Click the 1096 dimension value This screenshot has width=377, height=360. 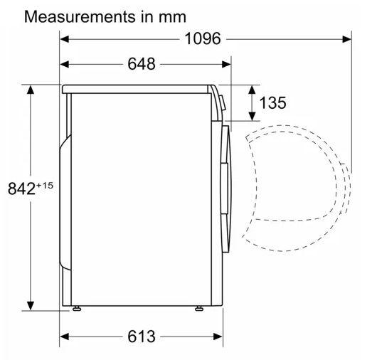point(203,38)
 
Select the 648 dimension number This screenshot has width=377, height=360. point(142,64)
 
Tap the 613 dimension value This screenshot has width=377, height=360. point(142,337)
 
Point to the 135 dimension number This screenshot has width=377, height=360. point(272,103)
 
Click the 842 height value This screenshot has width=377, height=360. point(21,189)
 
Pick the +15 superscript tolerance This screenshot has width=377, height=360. point(45,186)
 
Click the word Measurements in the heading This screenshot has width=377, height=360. point(80,17)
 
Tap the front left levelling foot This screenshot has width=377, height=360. point(199,308)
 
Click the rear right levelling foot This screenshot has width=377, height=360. point(77,308)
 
